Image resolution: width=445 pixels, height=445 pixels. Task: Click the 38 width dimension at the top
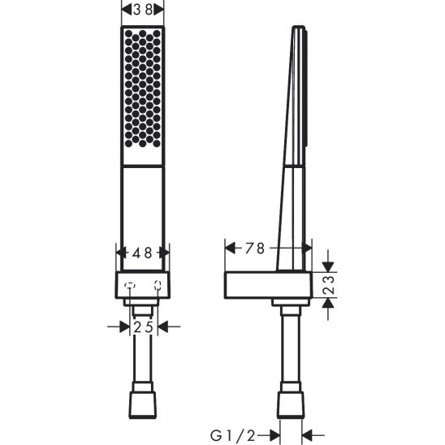(142, 10)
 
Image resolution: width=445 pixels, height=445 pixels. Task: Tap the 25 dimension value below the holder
(143, 326)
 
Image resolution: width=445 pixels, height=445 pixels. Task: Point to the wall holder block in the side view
(260, 285)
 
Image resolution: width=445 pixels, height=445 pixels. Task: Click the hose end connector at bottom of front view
(142, 404)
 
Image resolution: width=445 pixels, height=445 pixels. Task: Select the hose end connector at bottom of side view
(290, 404)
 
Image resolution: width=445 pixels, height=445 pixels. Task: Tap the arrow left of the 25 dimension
(117, 326)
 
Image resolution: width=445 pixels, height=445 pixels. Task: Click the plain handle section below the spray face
(142, 203)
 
